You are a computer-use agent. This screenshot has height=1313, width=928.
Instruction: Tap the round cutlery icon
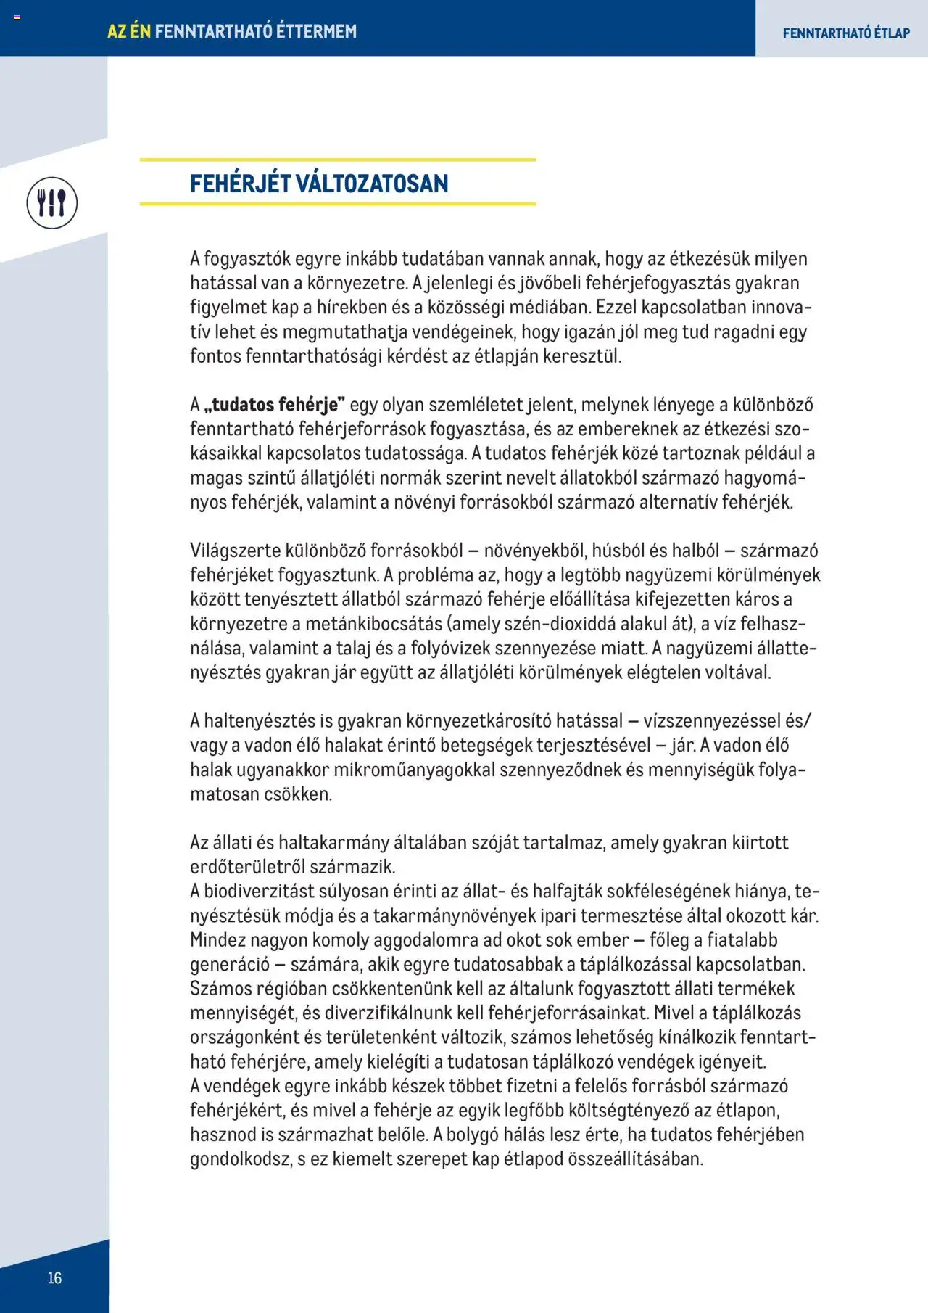[52, 202]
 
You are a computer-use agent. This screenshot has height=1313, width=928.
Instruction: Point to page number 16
[54, 1277]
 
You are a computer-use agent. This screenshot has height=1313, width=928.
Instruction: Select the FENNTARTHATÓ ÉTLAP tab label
[845, 33]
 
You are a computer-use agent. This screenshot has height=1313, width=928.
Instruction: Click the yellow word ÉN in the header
[139, 31]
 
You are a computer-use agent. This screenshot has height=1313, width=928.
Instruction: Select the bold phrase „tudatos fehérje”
[275, 405]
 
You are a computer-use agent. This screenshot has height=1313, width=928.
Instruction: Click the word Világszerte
[235, 551]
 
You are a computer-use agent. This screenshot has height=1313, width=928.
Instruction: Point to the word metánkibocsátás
[373, 624]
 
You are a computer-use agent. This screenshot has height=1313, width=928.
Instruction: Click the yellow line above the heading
[337, 160]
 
